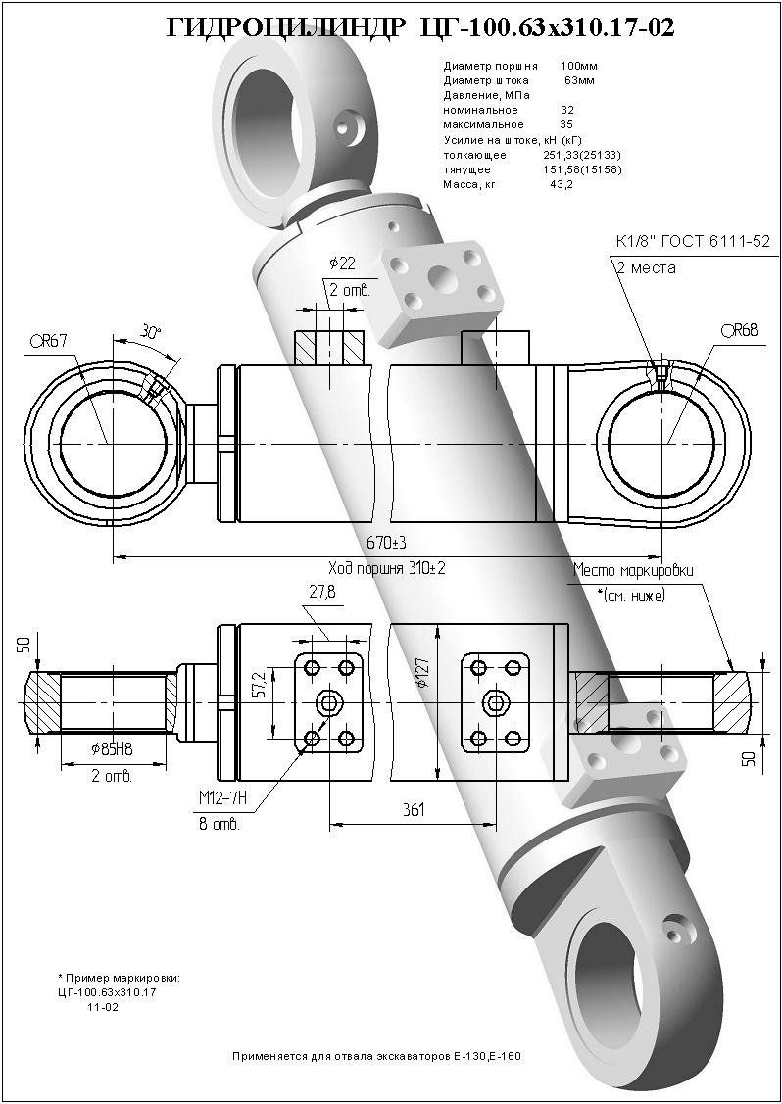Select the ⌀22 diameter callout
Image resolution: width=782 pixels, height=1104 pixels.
point(342,263)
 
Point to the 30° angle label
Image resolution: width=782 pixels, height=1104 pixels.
point(150,332)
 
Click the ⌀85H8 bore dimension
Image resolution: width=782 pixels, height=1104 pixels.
point(112,750)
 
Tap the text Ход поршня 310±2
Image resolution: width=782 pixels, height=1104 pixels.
point(387,567)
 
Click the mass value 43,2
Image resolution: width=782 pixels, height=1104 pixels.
point(562,184)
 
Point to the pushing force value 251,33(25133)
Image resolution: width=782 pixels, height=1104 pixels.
point(581,155)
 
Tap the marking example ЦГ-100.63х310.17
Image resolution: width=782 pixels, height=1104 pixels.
point(108,992)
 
